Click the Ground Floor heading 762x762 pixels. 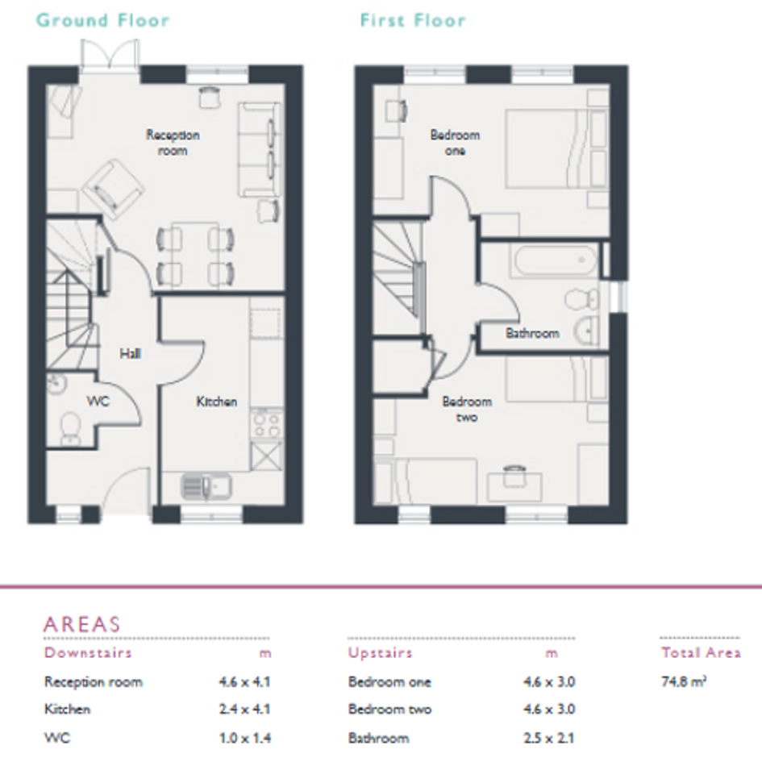[x=102, y=20]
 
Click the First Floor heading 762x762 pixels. [x=413, y=20]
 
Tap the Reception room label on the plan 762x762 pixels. [x=173, y=143]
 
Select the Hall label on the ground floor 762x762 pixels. [x=131, y=353]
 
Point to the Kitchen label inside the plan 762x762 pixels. [x=217, y=402]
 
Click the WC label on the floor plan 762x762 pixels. [x=98, y=401]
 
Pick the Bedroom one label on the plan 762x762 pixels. [x=455, y=143]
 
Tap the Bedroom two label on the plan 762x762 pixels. [x=467, y=409]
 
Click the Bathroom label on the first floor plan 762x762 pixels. [x=532, y=333]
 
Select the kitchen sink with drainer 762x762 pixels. [x=206, y=486]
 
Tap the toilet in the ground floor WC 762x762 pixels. [x=70, y=428]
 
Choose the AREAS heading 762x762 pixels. [x=81, y=624]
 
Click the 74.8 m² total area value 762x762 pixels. [x=683, y=681]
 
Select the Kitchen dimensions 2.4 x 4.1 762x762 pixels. [x=244, y=709]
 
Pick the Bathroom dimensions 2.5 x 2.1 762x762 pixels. [x=548, y=738]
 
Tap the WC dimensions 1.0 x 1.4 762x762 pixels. [x=244, y=738]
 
